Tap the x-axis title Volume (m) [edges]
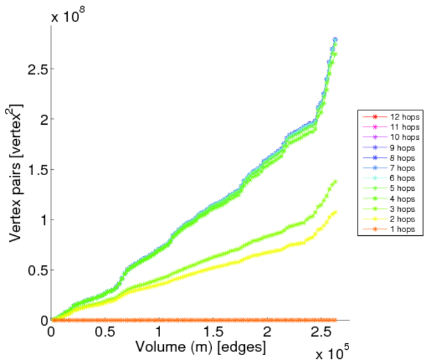(201, 347)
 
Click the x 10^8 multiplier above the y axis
(68, 16)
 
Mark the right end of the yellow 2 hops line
(335, 212)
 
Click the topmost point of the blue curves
(335, 40)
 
